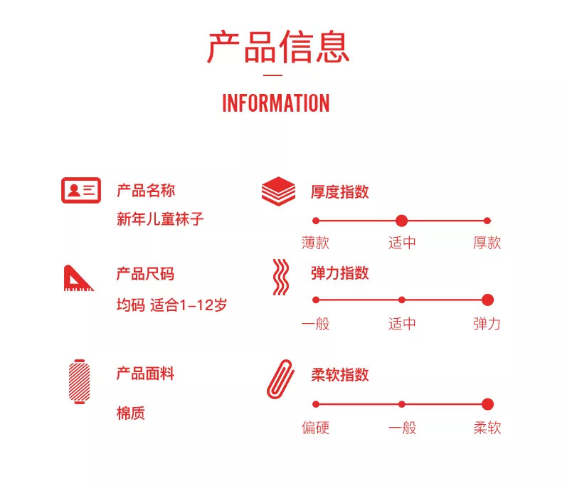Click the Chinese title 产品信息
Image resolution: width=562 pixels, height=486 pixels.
[278, 47]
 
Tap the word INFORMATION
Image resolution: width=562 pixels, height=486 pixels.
[276, 103]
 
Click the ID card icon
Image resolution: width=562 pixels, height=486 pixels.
[80, 190]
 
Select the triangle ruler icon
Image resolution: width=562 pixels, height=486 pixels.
[78, 278]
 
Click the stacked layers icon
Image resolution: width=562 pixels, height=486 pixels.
[278, 191]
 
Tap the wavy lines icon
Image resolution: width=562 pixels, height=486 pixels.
[281, 277]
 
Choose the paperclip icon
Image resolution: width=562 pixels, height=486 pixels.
[280, 377]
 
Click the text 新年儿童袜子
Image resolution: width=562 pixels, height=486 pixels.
[160, 218]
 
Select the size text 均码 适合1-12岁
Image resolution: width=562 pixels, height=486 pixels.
[171, 306]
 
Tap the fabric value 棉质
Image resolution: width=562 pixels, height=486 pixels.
[131, 413]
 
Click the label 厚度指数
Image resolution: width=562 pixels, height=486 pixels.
[339, 192]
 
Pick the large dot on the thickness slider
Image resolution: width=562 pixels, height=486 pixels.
[401, 221]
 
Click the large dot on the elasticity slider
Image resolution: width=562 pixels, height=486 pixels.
[487, 300]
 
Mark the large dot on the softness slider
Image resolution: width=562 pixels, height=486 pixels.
[487, 404]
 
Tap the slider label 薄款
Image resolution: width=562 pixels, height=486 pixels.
[316, 243]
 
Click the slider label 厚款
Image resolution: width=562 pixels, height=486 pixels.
[487, 243]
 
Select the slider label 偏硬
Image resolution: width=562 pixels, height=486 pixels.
[316, 428]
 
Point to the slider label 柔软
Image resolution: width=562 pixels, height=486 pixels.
[487, 428]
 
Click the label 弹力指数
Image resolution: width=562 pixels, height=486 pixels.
[339, 273]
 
